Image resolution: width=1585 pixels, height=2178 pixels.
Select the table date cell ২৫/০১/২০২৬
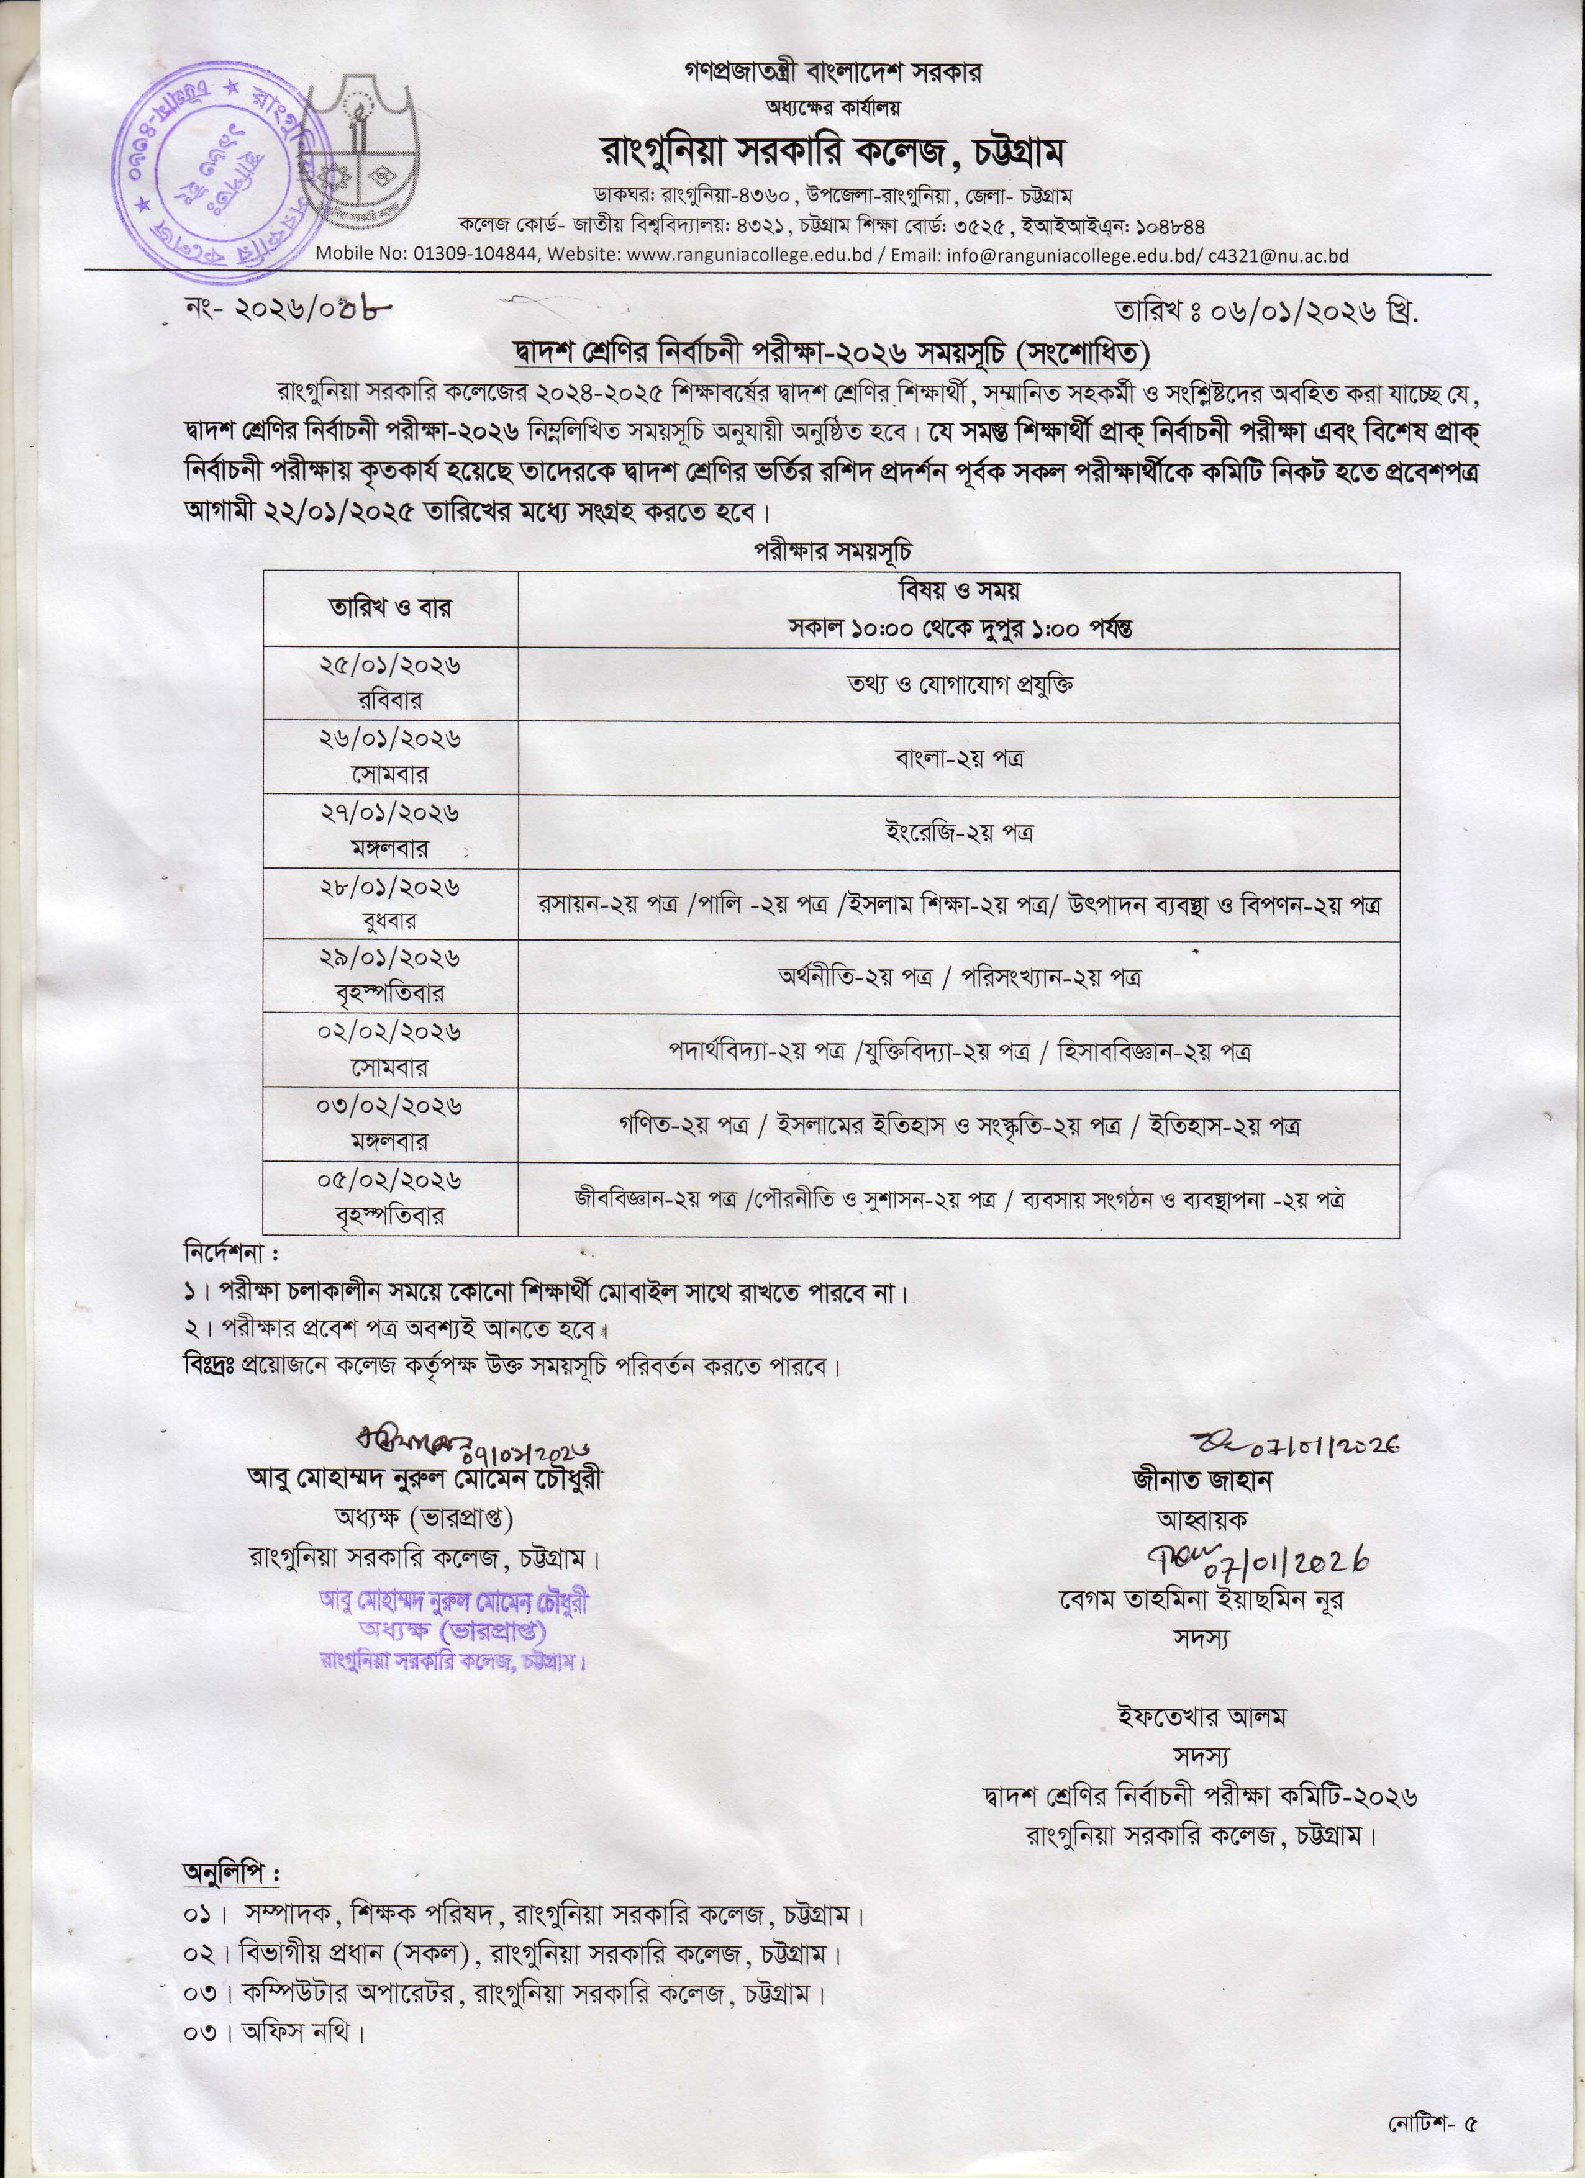390,666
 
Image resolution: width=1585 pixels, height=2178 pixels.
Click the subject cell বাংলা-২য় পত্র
958,757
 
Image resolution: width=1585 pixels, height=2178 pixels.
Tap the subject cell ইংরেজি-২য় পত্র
958,831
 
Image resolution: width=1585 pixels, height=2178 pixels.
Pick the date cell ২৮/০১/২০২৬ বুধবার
390,903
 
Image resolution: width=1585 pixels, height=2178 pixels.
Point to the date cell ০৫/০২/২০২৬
390,1180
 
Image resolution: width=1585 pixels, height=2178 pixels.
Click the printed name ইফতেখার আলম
1201,1716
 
